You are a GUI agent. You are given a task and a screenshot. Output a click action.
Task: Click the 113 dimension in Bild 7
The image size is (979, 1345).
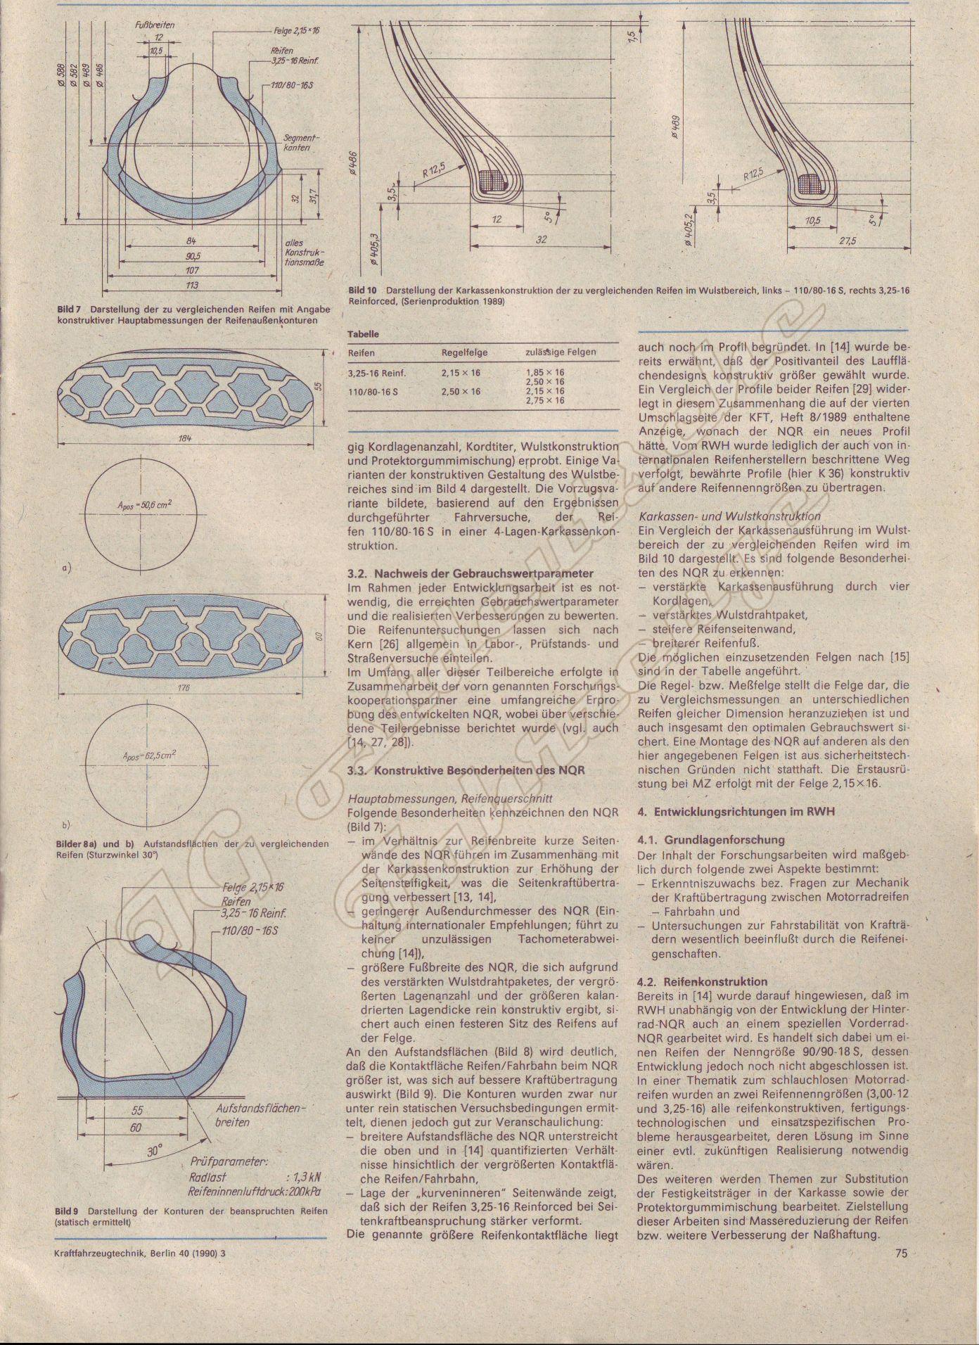191,285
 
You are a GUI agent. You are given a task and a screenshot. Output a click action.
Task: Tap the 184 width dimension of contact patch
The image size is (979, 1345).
186,438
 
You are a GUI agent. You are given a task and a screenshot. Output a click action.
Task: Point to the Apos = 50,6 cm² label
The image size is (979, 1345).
146,504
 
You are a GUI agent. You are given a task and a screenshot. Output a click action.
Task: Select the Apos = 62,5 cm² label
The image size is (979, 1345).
148,756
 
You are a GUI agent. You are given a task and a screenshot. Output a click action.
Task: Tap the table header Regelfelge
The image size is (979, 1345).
464,352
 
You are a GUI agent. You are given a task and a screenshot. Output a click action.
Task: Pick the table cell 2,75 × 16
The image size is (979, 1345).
545,400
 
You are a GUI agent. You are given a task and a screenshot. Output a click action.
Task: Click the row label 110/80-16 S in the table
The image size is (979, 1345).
373,391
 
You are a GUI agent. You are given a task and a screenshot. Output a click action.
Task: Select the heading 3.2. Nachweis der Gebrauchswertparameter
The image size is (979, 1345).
471,573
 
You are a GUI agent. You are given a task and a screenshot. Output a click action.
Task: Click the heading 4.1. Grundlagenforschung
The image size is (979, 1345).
710,839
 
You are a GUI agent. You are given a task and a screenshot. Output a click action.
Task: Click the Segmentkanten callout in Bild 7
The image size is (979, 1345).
300,144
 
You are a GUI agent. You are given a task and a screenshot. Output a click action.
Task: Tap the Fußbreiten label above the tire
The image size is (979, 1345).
155,25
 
